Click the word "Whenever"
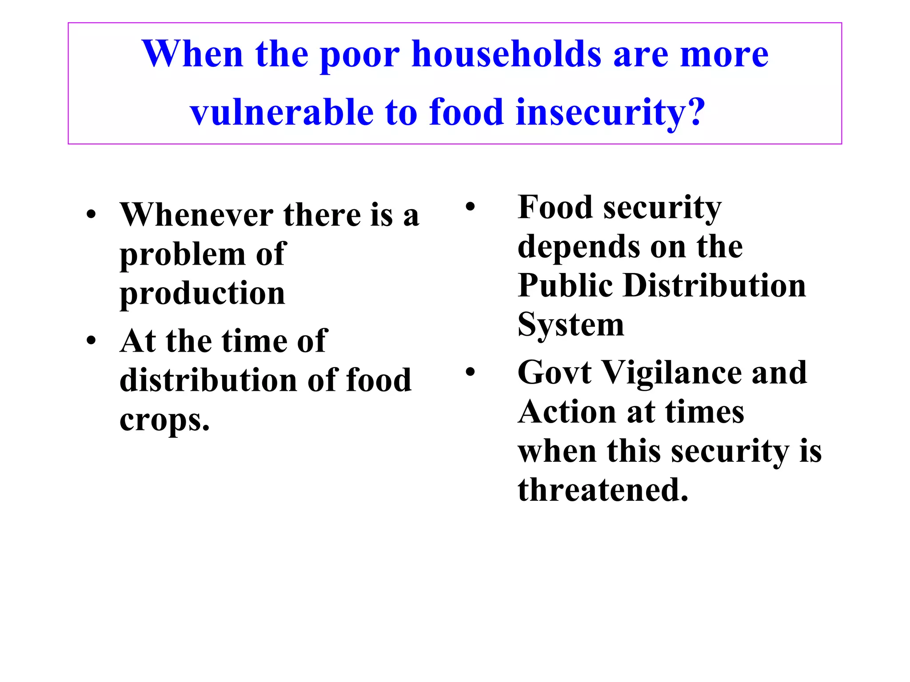point(196,215)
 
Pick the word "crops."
point(164,420)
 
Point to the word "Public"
point(565,285)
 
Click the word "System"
point(571,325)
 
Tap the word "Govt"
point(554,372)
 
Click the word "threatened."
point(603,490)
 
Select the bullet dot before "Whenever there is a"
point(91,215)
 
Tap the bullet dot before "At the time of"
point(91,341)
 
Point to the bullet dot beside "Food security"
point(470,207)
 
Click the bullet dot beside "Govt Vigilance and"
point(470,372)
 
